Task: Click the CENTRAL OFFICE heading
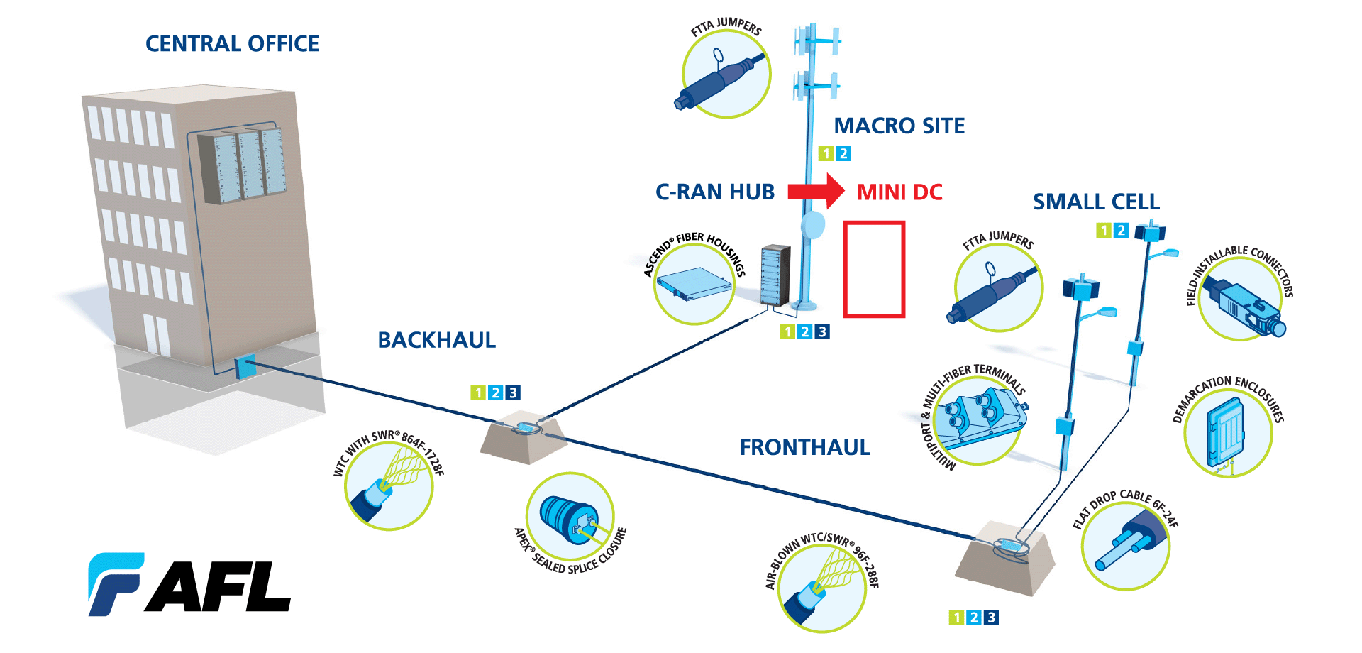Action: [232, 44]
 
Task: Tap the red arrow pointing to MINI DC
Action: [815, 191]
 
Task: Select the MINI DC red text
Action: [899, 192]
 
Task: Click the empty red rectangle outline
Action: [874, 269]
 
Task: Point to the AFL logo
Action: [189, 584]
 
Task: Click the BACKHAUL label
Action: [436, 340]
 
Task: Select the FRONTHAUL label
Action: [804, 447]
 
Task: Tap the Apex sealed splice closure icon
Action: [570, 517]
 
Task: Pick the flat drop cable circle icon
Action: [1125, 546]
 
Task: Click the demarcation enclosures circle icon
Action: [1227, 433]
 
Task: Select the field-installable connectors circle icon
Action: [1241, 299]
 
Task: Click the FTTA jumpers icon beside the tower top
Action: [726, 74]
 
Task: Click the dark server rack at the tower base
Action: [775, 275]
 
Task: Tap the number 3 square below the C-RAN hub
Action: [821, 331]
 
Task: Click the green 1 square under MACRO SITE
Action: [826, 153]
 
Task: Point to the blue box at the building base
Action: [243, 368]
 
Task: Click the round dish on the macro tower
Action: [813, 226]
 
